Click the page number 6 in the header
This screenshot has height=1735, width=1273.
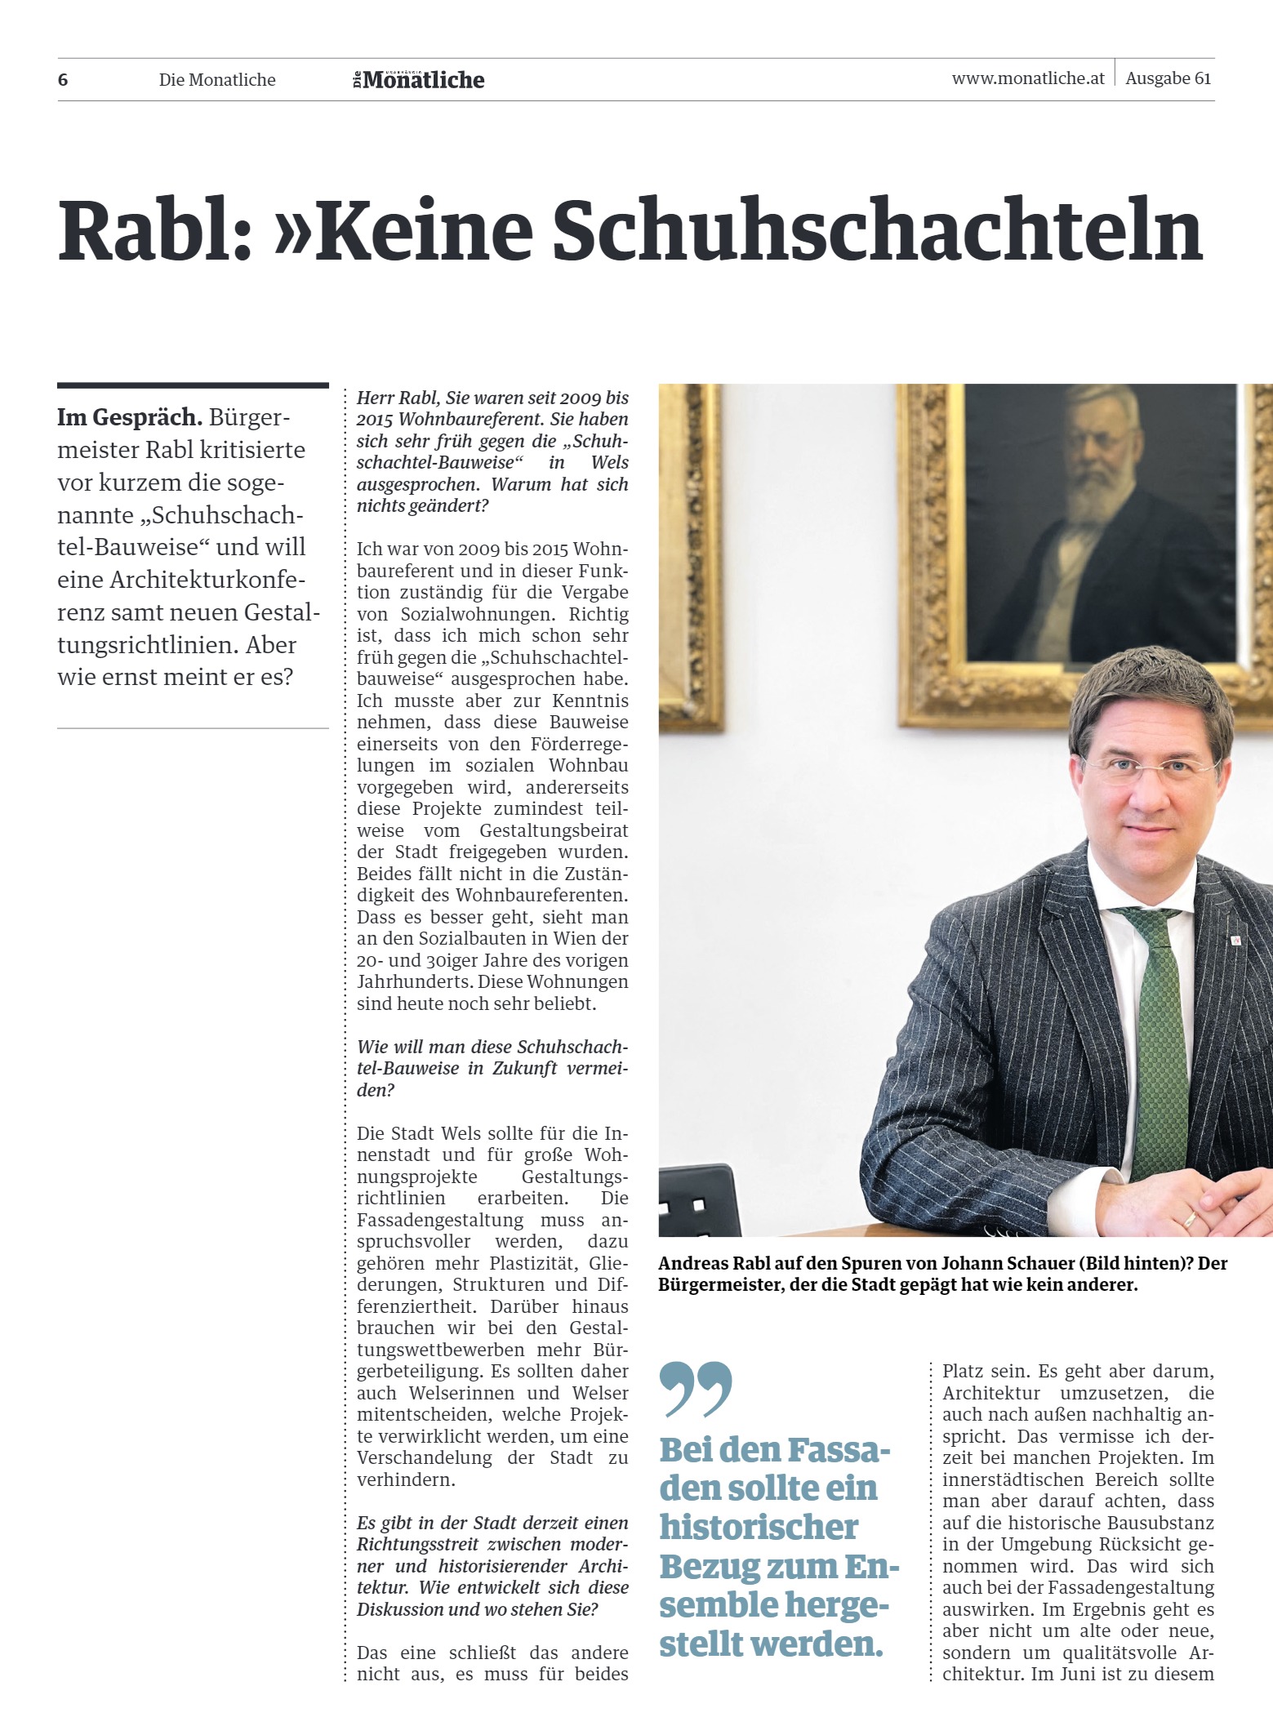63,80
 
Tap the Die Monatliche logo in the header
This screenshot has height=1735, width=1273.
419,80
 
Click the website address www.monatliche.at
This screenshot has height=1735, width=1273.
1028,78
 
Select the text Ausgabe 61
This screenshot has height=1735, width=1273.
1168,78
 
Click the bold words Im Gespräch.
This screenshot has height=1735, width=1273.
130,417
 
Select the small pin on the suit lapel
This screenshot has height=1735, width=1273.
1236,941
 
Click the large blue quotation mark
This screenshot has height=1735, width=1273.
696,1388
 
